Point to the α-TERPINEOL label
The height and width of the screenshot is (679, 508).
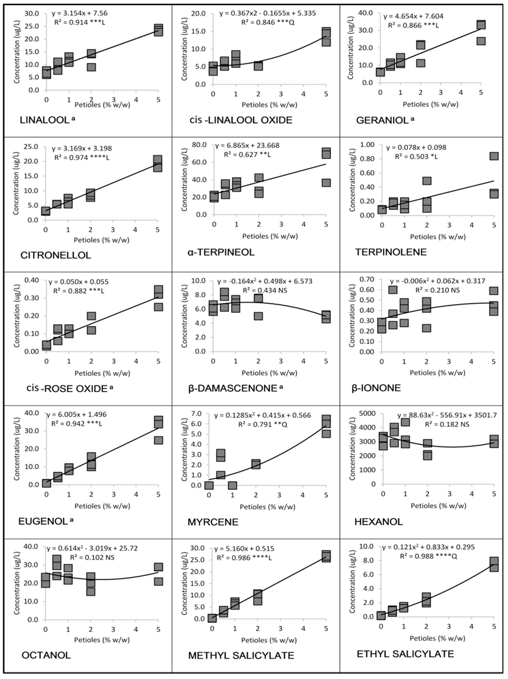click(x=221, y=252)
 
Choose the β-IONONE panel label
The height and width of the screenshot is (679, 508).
click(x=376, y=388)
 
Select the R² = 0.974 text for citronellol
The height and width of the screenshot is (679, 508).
click(x=82, y=158)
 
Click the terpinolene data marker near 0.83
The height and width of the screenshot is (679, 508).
click(x=494, y=156)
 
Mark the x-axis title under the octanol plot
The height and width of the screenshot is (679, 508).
click(x=102, y=640)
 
